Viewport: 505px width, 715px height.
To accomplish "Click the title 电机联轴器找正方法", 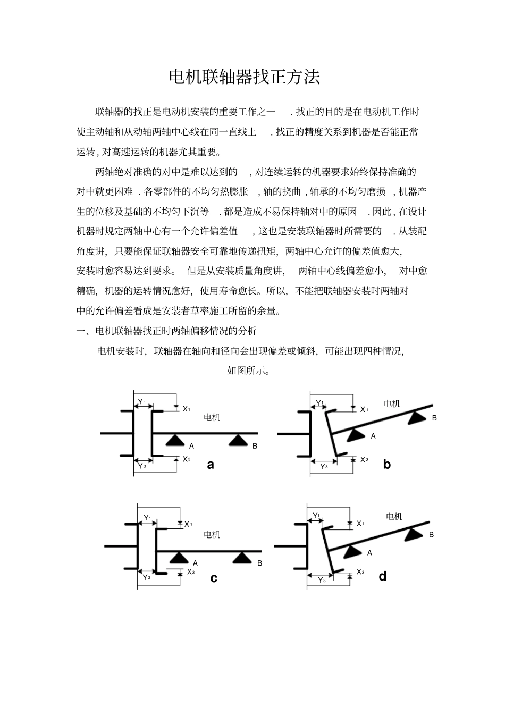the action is coord(245,78).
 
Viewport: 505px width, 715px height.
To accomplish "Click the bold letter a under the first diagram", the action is coord(211,465).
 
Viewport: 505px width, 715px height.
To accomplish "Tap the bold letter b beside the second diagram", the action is coord(386,465).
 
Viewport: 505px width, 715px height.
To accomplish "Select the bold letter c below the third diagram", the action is coord(214,578).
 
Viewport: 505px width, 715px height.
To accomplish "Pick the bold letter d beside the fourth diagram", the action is coord(383,576).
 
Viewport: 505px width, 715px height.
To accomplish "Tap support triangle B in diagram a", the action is coord(238,440).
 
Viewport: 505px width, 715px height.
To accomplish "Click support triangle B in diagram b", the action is coord(417,418).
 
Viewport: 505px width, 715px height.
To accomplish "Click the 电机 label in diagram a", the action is coord(212,418).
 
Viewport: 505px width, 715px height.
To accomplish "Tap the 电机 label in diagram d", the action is coord(394,517).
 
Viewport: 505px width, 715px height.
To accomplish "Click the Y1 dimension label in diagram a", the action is coord(141,401).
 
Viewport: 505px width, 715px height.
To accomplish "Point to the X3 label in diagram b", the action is coord(364,459).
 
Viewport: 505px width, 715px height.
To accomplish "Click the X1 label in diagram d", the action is coord(360,524).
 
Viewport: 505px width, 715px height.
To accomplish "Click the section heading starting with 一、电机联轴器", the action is coord(166,331).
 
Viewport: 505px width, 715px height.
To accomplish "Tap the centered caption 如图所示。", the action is coord(248,371).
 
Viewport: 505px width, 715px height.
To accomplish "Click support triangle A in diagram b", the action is coord(355,435).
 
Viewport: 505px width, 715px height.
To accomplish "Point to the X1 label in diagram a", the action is coord(187,409).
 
